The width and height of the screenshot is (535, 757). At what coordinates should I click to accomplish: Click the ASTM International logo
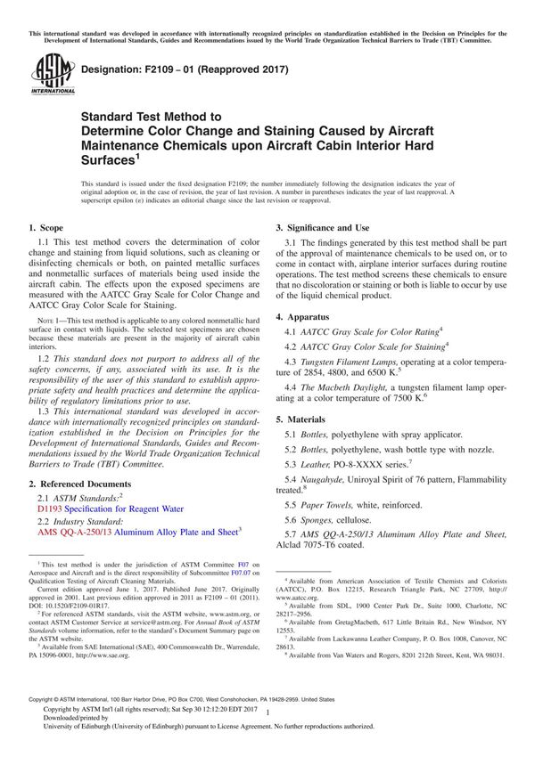pyautogui.click(x=51, y=74)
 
